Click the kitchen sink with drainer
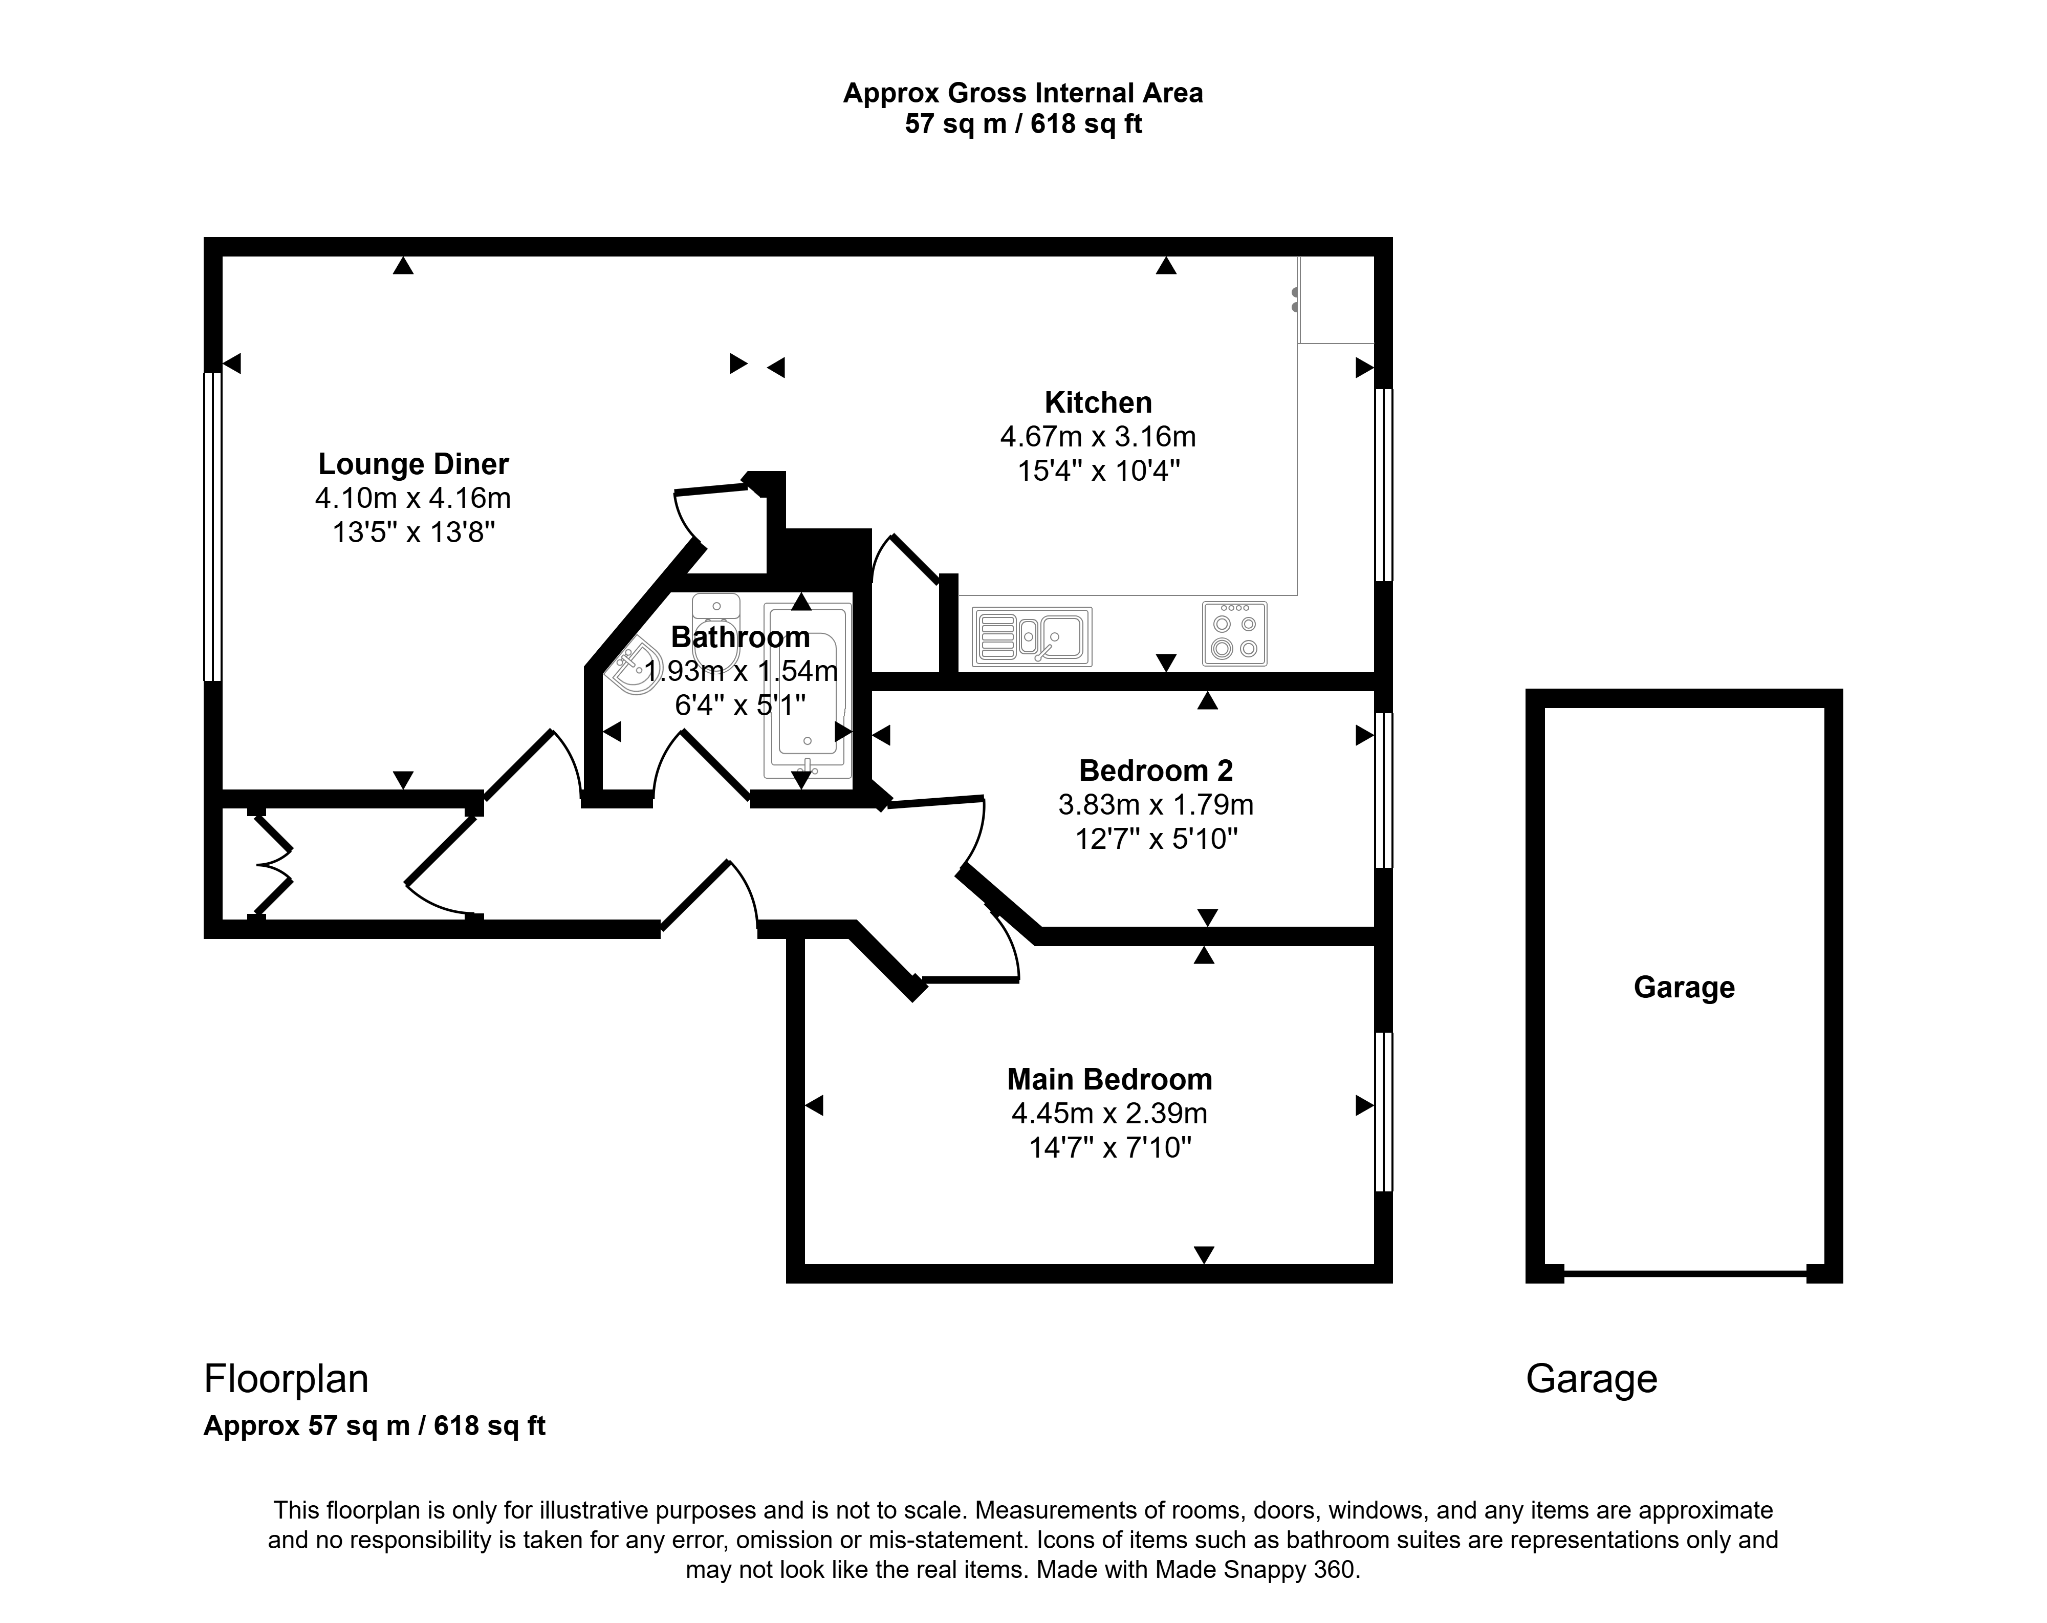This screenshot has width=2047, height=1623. tap(1032, 636)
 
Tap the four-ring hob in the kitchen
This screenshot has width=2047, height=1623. tap(1234, 633)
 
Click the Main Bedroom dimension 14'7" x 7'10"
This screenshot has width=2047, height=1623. tap(1110, 1148)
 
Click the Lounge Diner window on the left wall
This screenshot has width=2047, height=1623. tap(213, 527)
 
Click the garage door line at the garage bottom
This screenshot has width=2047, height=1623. tap(1684, 1273)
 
